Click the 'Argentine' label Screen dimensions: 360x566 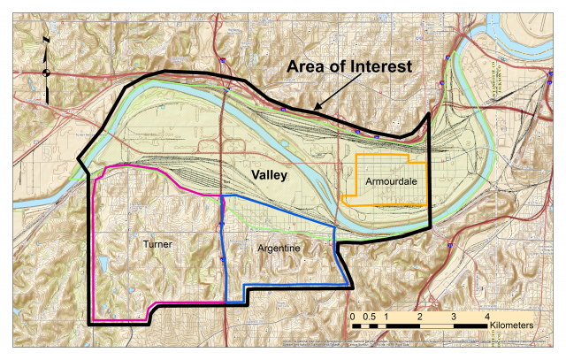point(279,250)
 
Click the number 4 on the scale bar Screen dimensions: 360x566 point(487,315)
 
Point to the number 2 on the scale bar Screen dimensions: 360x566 point(420,315)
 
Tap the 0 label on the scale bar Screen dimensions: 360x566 point(352,315)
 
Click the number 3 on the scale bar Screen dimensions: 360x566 point(454,315)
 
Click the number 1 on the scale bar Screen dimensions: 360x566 point(386,315)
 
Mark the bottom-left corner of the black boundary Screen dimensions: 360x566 point(90,325)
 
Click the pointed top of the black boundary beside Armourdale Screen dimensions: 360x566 point(429,113)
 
